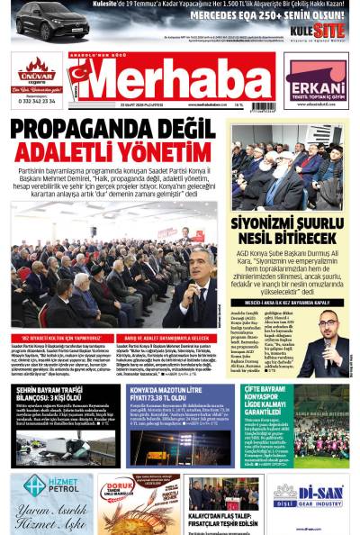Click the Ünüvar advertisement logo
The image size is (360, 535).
(x=36, y=69)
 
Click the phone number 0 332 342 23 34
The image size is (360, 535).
(x=36, y=101)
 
